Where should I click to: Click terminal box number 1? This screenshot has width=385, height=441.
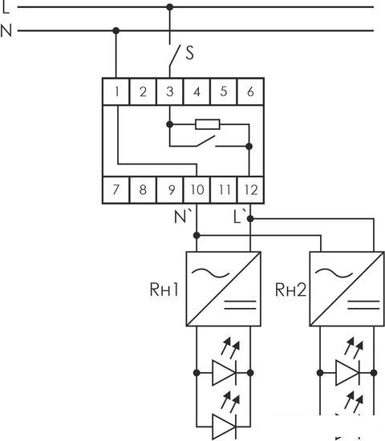click(116, 91)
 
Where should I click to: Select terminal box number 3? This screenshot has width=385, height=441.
click(170, 91)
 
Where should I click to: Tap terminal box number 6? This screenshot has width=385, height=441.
click(250, 91)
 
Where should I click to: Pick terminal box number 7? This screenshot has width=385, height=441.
click(116, 189)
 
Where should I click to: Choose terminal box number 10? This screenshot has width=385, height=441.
click(197, 189)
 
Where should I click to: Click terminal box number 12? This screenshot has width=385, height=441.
click(250, 189)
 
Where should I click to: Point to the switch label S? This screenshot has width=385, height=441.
click(190, 53)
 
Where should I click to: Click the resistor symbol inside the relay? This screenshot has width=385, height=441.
click(208, 124)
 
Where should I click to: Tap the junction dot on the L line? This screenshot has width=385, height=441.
click(170, 7)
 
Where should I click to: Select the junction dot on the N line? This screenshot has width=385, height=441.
click(116, 30)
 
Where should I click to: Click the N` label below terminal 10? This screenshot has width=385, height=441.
click(183, 216)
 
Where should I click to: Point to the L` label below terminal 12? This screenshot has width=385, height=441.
click(240, 216)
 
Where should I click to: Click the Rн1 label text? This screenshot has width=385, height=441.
click(164, 289)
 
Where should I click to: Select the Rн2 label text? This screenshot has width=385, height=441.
click(290, 289)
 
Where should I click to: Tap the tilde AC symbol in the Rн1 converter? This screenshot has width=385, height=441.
click(210, 273)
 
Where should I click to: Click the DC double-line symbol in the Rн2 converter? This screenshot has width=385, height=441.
click(363, 305)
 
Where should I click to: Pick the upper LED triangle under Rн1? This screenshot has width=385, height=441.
click(224, 373)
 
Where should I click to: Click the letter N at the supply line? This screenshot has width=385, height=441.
click(6, 30)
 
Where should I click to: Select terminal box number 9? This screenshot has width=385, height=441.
click(170, 189)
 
